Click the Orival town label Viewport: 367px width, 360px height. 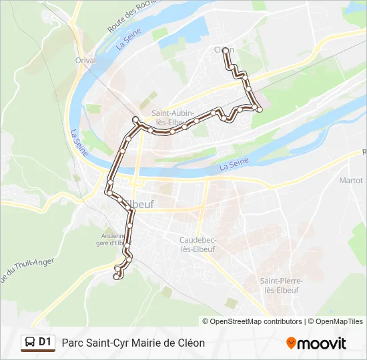pos(85,60)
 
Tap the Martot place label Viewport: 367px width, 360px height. pos(350,180)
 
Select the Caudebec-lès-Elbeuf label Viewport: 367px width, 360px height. pos(198,244)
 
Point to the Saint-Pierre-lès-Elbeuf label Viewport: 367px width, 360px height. pos(282,285)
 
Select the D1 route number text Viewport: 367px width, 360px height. pos(45,343)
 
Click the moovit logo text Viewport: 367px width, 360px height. pos(322,343)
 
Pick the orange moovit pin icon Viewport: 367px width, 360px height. pos(291,343)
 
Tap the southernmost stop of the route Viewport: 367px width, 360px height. pos(117,277)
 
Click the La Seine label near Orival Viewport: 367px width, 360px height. pos(124,42)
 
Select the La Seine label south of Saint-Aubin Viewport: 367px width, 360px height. pos(234,163)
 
